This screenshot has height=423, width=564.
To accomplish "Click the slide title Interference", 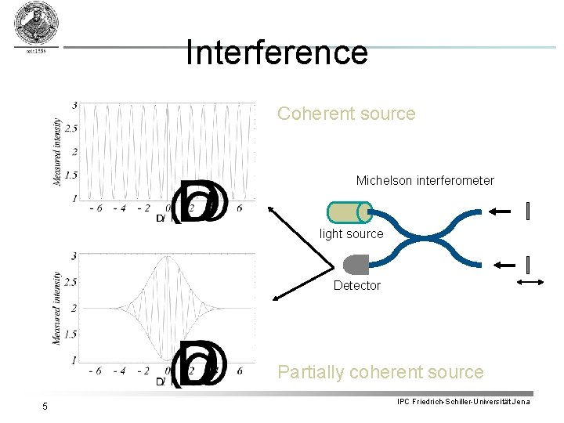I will click(x=277, y=52).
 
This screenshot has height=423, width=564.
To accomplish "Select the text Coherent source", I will click(x=346, y=114).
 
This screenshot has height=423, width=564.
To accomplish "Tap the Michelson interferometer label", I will click(x=425, y=180).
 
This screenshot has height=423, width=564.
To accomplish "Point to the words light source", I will click(x=352, y=233).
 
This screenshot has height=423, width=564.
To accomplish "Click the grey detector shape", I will click(x=356, y=264).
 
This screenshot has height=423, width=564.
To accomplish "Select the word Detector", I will click(x=356, y=285).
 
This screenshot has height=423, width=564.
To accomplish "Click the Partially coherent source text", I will click(x=381, y=372).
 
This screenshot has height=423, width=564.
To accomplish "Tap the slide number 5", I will click(x=45, y=406).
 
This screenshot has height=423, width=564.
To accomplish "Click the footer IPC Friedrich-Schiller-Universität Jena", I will click(x=464, y=402).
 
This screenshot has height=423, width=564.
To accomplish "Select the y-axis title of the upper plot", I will click(x=56, y=152).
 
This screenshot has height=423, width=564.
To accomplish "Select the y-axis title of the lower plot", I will click(x=56, y=308).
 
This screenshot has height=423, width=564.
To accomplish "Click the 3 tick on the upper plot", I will click(x=74, y=105).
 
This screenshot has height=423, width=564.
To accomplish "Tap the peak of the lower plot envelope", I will click(x=168, y=258).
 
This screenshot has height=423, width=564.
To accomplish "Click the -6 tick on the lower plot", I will click(x=95, y=371).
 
